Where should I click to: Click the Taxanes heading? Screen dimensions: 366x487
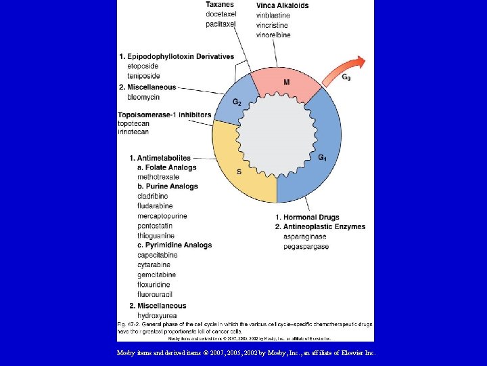coord(221,5)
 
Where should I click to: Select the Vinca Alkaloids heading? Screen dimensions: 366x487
coord(282,5)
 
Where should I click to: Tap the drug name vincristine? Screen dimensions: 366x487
coord(273,25)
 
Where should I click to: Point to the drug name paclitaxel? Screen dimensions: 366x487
coord(221,24)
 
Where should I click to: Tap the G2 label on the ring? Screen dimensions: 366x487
coord(237,102)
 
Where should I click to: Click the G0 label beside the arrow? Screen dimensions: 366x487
coord(346,77)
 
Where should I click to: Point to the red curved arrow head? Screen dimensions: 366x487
coord(360,63)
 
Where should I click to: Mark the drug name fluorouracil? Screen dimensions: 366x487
coord(157,295)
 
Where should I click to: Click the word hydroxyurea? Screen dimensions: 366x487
coord(157,316)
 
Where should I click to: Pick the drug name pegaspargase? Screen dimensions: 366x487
coord(306,247)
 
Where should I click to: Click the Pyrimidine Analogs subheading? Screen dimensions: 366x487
coord(175,245)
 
